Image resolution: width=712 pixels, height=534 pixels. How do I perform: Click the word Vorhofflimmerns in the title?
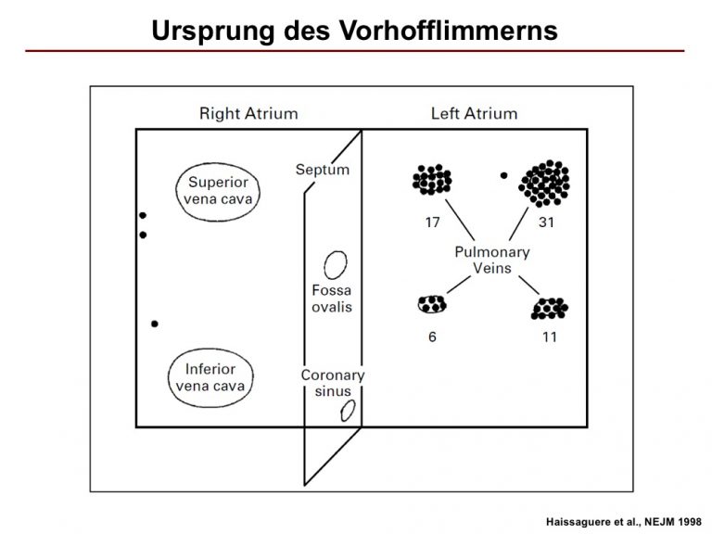(448, 31)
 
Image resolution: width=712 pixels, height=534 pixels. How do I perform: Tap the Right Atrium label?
(248, 113)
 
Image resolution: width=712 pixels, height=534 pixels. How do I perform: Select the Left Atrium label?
(474, 113)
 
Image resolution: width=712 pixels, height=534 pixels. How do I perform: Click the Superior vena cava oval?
(176, 192)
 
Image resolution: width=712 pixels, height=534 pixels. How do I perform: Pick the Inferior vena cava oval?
(169, 378)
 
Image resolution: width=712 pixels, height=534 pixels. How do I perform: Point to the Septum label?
(323, 170)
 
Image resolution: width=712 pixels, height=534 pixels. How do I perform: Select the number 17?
(432, 222)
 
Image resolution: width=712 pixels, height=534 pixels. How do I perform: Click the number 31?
(546, 222)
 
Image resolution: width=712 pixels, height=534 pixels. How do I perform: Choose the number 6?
(432, 337)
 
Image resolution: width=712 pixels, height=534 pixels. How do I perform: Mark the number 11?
(550, 337)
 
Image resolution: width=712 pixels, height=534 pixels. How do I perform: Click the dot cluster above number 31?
(544, 183)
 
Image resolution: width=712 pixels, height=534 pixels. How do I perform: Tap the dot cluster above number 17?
(432, 179)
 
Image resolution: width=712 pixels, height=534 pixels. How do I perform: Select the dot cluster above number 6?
(432, 304)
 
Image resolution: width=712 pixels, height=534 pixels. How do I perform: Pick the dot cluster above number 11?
(550, 309)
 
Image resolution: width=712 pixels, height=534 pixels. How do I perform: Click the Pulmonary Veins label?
(492, 260)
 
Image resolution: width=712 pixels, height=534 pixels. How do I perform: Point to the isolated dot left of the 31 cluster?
(503, 175)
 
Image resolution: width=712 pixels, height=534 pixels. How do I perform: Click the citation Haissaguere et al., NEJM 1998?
(623, 522)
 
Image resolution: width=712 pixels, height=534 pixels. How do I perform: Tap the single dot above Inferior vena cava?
(155, 324)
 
